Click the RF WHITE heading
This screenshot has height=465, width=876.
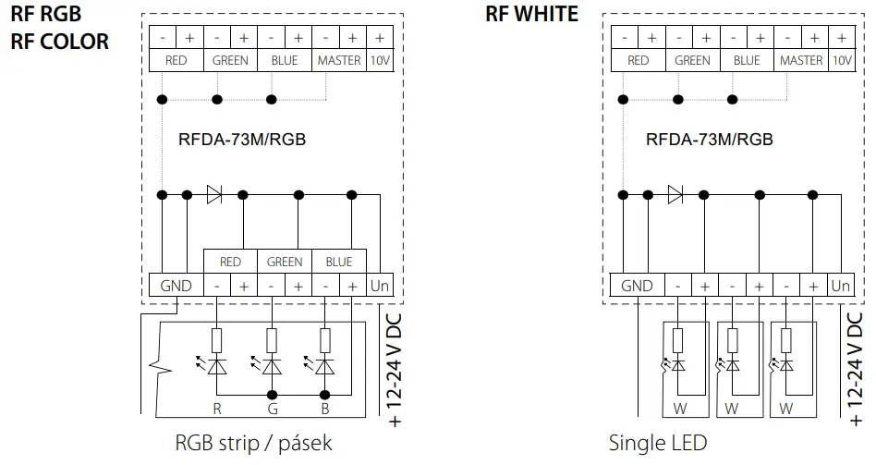tap(531, 14)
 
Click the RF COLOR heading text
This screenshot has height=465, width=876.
tap(60, 42)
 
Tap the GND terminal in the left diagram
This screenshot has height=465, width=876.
tap(176, 286)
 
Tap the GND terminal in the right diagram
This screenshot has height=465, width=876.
tap(637, 286)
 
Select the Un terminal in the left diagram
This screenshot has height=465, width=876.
tap(380, 286)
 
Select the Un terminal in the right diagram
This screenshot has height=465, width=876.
tap(840, 286)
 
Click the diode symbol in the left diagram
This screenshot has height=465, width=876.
tap(215, 195)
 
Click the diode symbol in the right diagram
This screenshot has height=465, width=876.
tap(675, 195)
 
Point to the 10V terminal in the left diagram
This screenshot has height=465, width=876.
tap(380, 60)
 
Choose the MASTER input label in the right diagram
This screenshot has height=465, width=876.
tap(801, 60)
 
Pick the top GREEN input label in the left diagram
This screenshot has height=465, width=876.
tap(230, 60)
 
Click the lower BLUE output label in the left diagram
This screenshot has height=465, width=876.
tap(339, 262)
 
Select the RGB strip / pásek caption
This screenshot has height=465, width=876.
tap(253, 443)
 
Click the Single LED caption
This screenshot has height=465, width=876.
tap(657, 443)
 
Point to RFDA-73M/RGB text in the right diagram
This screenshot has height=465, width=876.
tap(710, 140)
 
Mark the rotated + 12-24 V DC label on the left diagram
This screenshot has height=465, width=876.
tap(395, 370)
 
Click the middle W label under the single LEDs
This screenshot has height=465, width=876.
tap(731, 407)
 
